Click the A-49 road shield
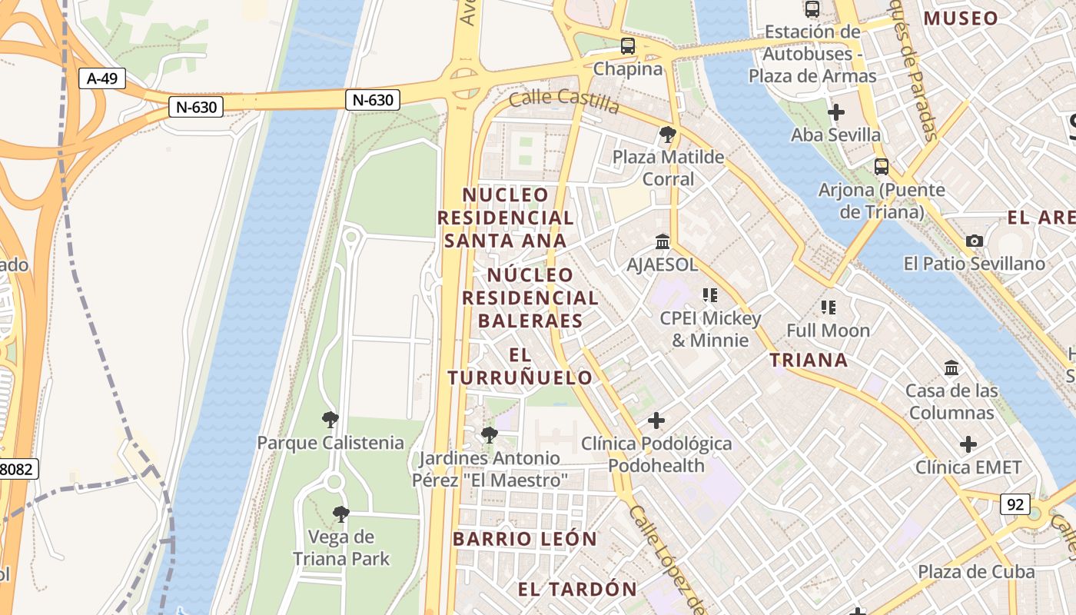point(101,78)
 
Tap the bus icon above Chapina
point(628,46)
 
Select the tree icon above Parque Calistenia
point(330,420)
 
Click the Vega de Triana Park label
point(340,547)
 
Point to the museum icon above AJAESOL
point(663,242)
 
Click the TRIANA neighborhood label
point(809,360)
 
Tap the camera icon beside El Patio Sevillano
point(975,241)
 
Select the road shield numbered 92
point(1015,504)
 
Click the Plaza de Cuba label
point(976,572)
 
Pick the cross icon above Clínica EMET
point(968,444)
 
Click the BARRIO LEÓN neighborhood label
point(525,539)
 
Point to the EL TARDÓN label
point(577,590)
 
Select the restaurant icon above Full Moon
point(828,307)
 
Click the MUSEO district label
point(961,18)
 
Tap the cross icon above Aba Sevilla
point(836,112)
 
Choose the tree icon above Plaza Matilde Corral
point(668,135)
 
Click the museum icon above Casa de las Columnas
point(951,368)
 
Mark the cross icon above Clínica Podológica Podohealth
point(656,421)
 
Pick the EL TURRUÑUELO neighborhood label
point(520,366)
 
